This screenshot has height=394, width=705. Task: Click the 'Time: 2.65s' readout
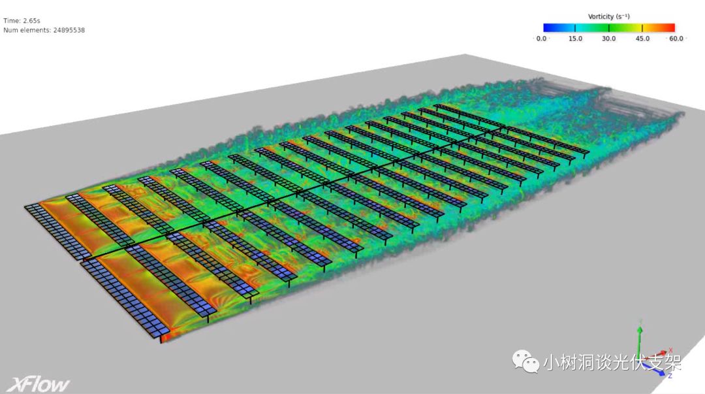point(22,21)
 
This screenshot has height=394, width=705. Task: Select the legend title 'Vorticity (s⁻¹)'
point(609,16)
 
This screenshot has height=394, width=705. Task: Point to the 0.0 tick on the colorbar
point(541,39)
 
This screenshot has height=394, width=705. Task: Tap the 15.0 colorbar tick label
point(575,39)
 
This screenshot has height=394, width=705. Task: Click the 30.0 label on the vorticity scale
point(609,39)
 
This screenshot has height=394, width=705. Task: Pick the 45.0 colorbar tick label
point(642,39)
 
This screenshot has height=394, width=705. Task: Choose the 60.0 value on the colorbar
point(676,39)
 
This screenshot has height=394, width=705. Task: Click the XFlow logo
point(39,385)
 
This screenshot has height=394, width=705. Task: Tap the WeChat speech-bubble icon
point(525,361)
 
